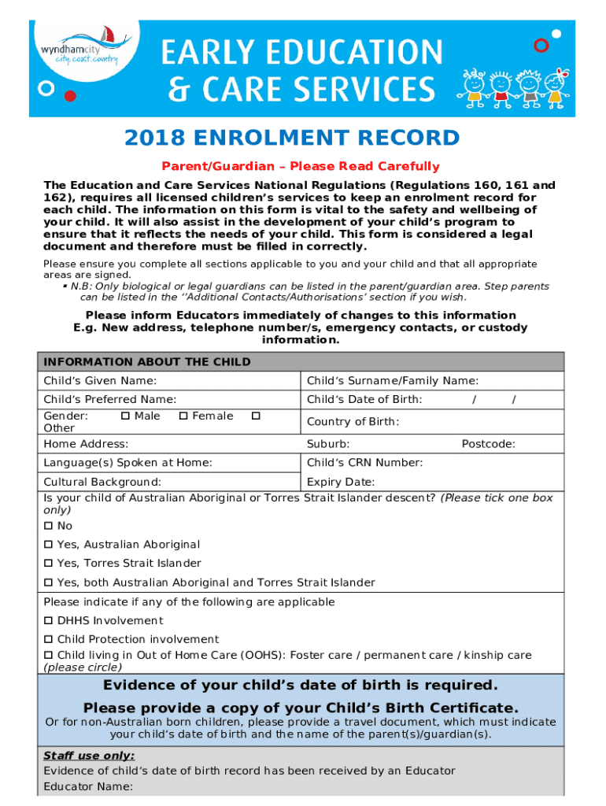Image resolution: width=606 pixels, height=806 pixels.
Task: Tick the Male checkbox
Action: [125, 416]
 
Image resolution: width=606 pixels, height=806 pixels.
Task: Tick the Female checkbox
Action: [183, 416]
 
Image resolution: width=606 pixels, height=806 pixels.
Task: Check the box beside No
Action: [49, 526]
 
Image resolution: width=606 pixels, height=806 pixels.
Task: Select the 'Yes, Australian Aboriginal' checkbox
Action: [49, 545]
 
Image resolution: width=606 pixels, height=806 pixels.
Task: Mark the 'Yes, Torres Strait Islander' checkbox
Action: [49, 564]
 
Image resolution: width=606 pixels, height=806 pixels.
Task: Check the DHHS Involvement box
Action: [49, 621]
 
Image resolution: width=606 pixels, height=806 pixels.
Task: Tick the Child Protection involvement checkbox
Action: [49, 640]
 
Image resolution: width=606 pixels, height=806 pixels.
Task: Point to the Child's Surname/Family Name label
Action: [381, 381]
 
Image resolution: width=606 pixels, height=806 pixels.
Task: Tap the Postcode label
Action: [488, 444]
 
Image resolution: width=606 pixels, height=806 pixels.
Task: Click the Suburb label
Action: [328, 444]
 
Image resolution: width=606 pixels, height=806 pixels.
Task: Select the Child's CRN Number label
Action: [364, 463]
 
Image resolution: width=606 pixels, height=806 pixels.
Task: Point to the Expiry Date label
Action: [340, 482]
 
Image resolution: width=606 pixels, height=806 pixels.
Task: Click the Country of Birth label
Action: [353, 422]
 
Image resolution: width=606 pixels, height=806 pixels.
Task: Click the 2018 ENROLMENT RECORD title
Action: [292, 139]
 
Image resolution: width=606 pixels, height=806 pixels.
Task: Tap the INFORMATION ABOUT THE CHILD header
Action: [147, 362]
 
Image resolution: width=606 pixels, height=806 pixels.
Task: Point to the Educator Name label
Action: [88, 786]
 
